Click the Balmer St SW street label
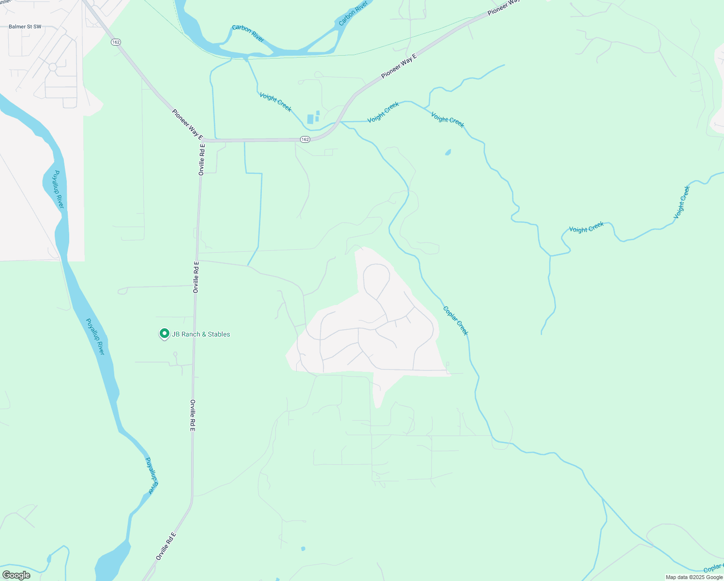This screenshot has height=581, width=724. (25, 27)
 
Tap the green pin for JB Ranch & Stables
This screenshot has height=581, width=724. (164, 334)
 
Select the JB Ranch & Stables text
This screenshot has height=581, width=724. (201, 334)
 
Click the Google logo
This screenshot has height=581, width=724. (16, 575)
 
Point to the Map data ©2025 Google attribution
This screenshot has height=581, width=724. (694, 577)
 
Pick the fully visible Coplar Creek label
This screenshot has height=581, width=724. (455, 321)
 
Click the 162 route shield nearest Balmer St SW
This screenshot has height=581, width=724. (115, 42)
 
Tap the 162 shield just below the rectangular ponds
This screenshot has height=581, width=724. (304, 139)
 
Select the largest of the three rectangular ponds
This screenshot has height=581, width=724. (310, 119)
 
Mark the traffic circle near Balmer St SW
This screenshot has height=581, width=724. (53, 67)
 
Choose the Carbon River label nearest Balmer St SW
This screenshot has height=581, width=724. (248, 33)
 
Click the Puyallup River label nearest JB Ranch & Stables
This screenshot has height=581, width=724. (95, 336)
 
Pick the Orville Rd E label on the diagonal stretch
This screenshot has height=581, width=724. (166, 546)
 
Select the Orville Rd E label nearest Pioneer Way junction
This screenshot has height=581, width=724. (202, 159)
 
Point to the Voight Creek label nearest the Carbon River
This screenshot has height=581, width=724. (275, 102)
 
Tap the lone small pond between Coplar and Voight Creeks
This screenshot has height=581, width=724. (448, 153)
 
